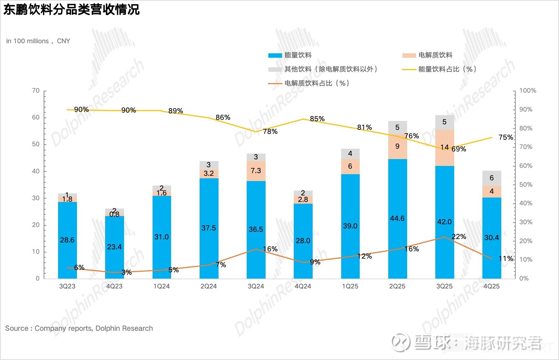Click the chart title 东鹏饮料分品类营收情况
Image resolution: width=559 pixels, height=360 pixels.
coord(71,9)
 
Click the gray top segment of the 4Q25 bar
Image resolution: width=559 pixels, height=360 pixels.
coord(492,178)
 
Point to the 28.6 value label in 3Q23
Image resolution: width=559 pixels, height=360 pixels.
coord(67,240)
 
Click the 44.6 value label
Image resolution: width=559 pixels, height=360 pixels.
coord(397,218)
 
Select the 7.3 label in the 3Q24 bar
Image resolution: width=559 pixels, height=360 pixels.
coord(256,171)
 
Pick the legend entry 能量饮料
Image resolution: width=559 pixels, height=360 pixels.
coord(298,55)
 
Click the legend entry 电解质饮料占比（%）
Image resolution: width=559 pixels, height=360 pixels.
coord(316,83)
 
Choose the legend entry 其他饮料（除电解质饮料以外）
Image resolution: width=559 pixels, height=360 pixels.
coord(331,69)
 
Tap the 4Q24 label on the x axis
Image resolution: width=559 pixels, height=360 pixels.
coord(303,286)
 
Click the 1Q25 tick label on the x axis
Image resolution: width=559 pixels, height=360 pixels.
coord(350,286)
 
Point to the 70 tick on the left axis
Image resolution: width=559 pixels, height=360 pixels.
coord(36,91)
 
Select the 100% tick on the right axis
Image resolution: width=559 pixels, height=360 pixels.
coord(527,91)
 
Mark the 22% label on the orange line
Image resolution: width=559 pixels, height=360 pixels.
coord(459,237)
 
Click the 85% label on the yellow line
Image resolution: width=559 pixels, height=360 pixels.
coord(317,119)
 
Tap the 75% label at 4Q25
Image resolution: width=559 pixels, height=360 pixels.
coord(505,137)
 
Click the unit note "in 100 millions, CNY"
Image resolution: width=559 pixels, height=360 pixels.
coord(38,41)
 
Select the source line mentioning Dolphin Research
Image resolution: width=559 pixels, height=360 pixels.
coord(79,328)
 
